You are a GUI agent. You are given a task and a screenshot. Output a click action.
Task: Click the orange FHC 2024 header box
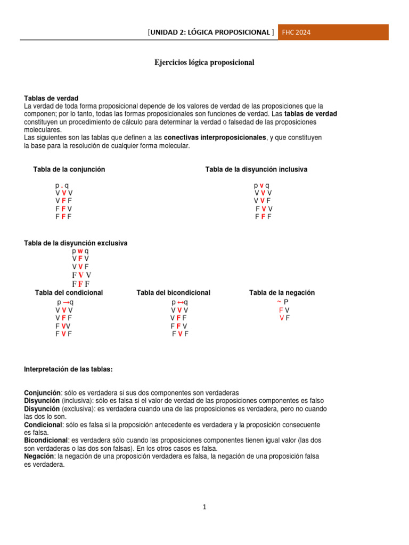click(333, 32)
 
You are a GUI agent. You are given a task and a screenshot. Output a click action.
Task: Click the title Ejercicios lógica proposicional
click(204, 63)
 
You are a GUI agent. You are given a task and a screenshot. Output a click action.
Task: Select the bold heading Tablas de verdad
click(51, 98)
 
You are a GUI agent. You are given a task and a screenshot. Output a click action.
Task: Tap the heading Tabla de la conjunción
click(69, 169)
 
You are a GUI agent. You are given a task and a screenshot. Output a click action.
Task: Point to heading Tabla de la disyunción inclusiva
click(256, 169)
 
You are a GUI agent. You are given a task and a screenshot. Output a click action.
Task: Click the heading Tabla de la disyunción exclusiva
click(76, 243)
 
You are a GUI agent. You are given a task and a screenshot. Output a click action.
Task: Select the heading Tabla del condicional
click(69, 293)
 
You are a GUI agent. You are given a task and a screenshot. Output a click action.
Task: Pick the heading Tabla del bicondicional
click(173, 293)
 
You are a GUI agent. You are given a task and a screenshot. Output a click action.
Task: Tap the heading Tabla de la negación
click(282, 293)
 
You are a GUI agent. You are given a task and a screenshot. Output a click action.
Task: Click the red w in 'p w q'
click(80, 251)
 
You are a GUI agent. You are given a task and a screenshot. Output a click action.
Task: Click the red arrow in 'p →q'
click(66, 302)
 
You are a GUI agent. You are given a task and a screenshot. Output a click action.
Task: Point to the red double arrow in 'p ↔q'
click(181, 302)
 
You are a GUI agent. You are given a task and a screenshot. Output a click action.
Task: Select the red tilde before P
click(280, 301)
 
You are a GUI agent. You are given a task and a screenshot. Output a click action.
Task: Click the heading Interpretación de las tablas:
click(68, 369)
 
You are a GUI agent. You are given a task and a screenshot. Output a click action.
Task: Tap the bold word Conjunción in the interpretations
click(43, 393)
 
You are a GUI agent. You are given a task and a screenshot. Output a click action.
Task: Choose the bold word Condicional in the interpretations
click(43, 425)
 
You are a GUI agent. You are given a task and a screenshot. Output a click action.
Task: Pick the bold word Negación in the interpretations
click(40, 457)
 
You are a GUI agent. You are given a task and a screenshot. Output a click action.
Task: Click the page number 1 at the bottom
click(204, 507)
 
